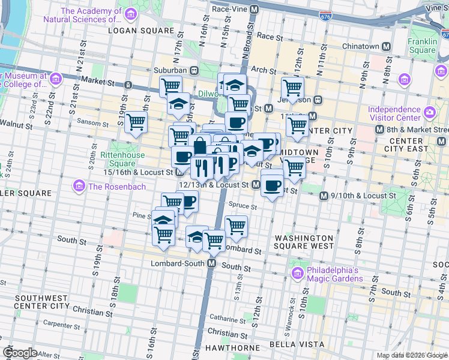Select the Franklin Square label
point(423,46)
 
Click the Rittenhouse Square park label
point(126,158)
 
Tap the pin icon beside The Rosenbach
point(79,187)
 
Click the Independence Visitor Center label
point(394,114)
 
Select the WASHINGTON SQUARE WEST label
point(304,242)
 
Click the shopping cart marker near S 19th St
point(136,123)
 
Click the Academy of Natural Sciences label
point(82,15)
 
